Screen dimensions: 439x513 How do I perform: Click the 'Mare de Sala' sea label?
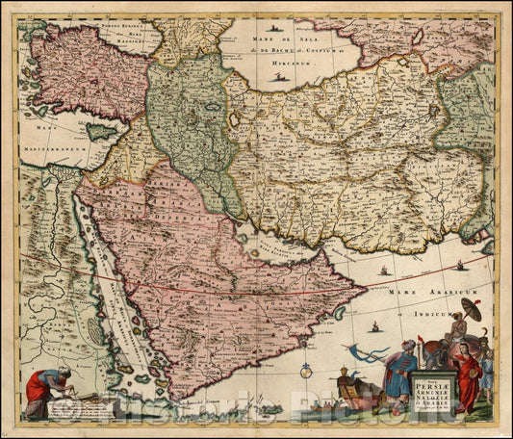coord(269,37)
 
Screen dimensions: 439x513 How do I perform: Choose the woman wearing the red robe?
coord(467,375)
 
